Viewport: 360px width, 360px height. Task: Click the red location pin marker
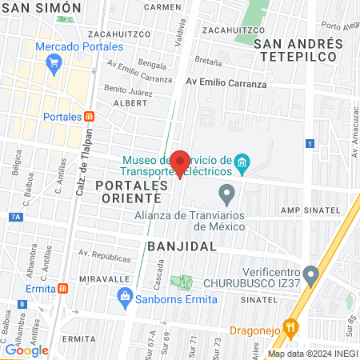180,162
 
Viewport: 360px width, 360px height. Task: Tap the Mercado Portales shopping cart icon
55,63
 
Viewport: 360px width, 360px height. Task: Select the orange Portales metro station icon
90,116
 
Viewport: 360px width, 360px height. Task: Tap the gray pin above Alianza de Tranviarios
227,193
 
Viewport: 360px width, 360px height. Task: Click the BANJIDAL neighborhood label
182,246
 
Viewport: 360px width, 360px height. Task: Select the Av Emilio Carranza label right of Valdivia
226,83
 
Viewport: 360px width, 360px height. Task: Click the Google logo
26,350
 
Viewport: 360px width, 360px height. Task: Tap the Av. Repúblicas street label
103,258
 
